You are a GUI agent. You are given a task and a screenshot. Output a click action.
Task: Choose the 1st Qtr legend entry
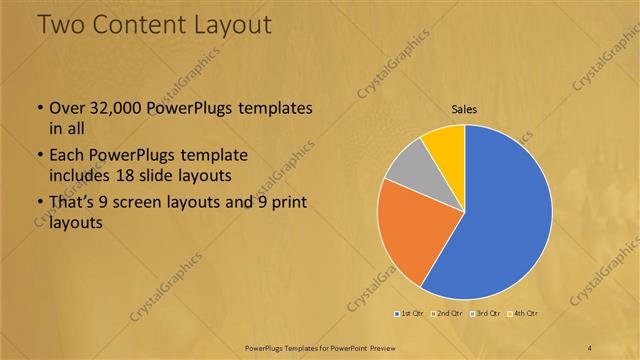click(x=409, y=314)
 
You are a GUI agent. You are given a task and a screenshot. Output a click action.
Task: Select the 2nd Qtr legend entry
click(x=448, y=314)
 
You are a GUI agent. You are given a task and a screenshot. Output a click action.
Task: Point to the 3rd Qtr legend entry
click(x=487, y=314)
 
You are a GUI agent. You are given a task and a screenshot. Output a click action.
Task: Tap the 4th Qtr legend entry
click(x=524, y=314)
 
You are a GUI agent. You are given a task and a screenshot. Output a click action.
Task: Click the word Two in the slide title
click(x=59, y=24)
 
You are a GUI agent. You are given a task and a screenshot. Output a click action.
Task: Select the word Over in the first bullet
click(x=66, y=108)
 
